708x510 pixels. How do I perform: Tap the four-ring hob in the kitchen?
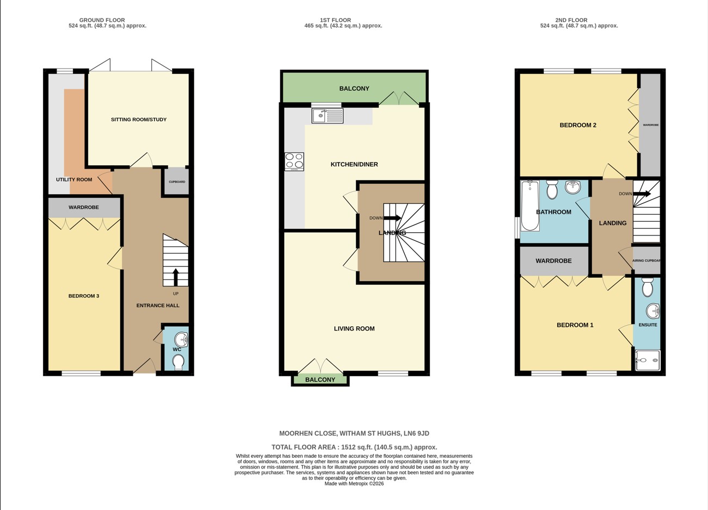(294, 161)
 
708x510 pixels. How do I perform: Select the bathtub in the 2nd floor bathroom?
(530, 206)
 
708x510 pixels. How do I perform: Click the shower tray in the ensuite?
(648, 360)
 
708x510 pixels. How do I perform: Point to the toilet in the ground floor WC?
(178, 362)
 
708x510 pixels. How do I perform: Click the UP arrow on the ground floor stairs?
(175, 277)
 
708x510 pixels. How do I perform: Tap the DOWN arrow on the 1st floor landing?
(392, 218)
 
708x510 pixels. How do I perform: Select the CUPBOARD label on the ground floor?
(177, 182)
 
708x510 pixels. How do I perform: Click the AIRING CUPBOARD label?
(647, 260)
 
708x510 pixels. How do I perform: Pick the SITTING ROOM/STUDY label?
(139, 120)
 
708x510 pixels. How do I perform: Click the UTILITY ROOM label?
(74, 179)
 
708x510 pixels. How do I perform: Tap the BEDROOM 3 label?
(84, 296)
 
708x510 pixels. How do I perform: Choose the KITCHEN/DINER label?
(354, 164)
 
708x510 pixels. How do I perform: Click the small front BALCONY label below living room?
(320, 380)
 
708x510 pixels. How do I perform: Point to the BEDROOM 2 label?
(578, 125)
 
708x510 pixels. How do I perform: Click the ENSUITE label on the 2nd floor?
(648, 325)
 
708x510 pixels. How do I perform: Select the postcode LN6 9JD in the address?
(416, 433)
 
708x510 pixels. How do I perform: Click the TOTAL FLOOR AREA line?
(354, 447)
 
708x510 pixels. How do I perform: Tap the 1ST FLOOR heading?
(343, 20)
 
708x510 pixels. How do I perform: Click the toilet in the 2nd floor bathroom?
(552, 190)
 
